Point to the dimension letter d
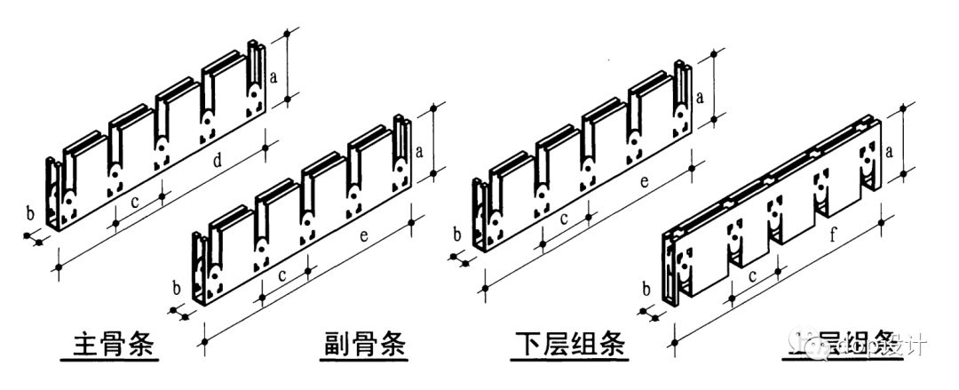[x=217, y=161]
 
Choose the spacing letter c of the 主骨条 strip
[x=134, y=201]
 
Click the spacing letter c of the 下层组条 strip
[x=563, y=219]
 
